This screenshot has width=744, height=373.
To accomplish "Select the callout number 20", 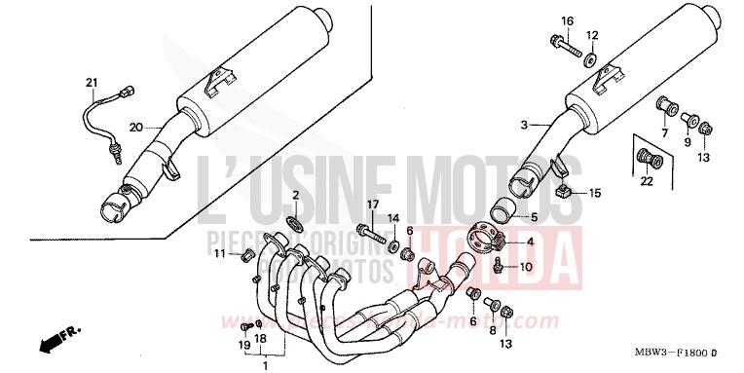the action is pyautogui.click(x=135, y=128).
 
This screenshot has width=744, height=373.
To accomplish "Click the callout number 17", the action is pyautogui.click(x=372, y=204).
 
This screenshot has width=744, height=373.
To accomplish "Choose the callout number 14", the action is pyautogui.click(x=395, y=217).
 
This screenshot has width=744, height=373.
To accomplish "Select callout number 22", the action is pyautogui.click(x=646, y=182).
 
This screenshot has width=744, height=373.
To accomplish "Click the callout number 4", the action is pyautogui.click(x=530, y=242).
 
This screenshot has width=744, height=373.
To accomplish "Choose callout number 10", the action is pyautogui.click(x=526, y=267).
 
